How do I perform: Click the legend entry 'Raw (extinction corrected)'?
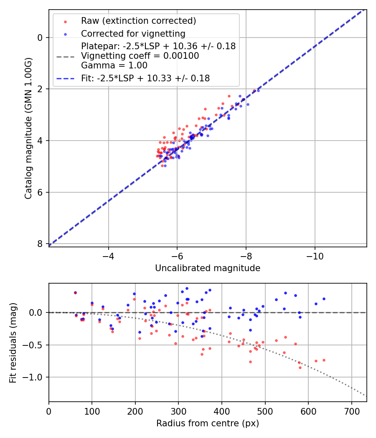tap(138, 21)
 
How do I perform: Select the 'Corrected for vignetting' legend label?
tap(133, 33)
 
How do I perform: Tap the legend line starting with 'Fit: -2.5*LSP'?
tap(145, 78)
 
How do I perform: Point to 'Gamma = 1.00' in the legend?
tap(114, 65)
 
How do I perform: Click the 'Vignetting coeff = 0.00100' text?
tap(140, 56)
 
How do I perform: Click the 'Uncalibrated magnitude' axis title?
tap(208, 268)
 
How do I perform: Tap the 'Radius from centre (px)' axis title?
tap(208, 423)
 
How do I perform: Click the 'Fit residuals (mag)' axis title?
tap(13, 343)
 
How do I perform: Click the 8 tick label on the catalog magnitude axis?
tap(40, 244)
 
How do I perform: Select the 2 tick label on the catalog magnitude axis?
tap(40, 89)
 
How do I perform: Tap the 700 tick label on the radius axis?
tap(351, 411)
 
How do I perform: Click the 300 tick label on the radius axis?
tap(178, 411)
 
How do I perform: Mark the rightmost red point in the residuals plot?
tap(324, 360)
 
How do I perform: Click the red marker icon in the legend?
tap(65, 21)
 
